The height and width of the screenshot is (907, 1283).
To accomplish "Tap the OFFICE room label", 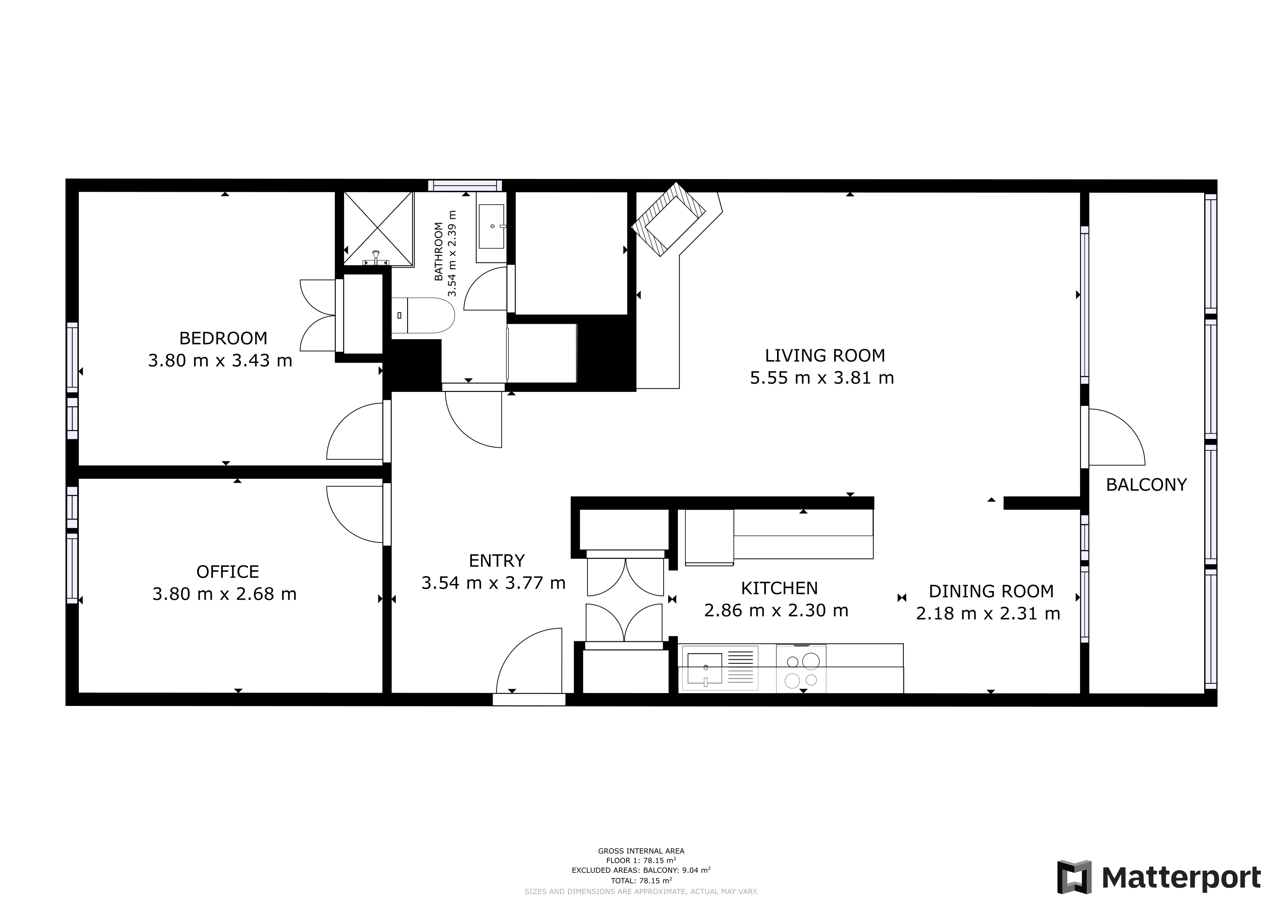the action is [227, 571].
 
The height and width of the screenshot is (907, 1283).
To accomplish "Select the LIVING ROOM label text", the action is [825, 355].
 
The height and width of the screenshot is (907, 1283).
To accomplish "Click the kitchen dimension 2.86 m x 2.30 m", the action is [776, 610].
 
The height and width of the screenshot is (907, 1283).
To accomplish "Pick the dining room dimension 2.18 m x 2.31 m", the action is [988, 613].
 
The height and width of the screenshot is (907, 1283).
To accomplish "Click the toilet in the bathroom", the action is [423, 316].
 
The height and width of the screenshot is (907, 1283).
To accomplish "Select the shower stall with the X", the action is [378, 229].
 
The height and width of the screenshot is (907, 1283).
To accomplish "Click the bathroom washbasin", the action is [492, 226].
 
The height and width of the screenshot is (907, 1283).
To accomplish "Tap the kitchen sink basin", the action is [705, 669].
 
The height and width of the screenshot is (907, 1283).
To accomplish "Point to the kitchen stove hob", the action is [801, 669].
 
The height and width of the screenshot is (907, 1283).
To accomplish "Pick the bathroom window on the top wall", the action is [465, 186].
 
